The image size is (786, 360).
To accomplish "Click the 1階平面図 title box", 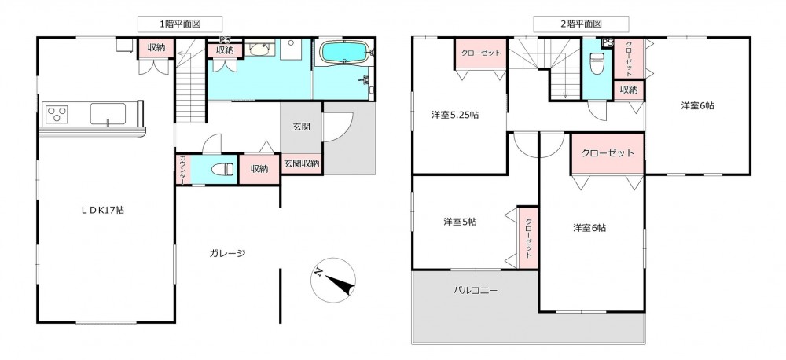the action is click(180, 24).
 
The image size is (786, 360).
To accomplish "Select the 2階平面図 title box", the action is click(581, 24).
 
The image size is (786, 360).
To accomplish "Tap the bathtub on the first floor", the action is click(345, 51).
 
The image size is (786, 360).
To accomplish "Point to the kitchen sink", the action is click(108, 113).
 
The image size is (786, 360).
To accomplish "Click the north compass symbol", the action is click(332, 280).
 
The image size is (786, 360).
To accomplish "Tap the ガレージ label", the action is click(227, 253).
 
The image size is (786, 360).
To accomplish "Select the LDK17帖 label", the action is click(103, 211).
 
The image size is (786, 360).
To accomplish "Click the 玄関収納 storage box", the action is click(302, 164).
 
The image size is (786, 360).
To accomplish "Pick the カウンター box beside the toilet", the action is click(182, 170).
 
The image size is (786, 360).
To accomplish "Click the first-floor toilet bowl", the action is click(223, 170).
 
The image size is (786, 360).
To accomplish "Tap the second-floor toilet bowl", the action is click(597, 63).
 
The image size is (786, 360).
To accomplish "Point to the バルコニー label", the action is click(476, 290).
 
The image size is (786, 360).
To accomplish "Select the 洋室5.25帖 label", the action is click(454, 115).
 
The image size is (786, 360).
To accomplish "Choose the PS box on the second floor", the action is click(608, 43).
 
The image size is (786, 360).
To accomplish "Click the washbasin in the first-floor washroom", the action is click(259, 49).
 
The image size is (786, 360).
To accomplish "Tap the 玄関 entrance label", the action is click(301, 127).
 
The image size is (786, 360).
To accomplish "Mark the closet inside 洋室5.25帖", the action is click(481, 53).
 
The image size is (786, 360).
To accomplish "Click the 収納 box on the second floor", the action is click(629, 90).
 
